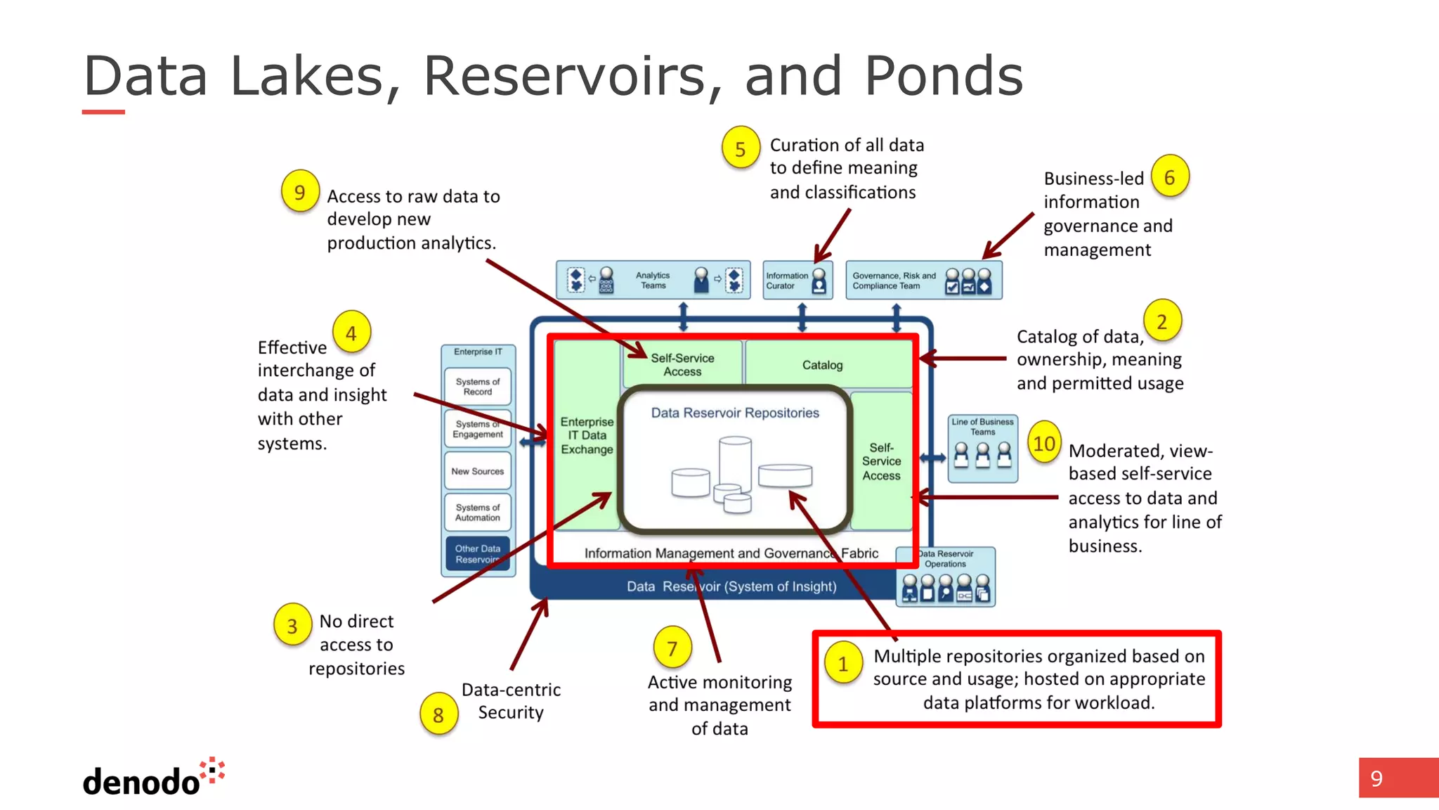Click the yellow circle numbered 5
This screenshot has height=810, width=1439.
[741, 148]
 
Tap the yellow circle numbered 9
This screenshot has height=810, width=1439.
[300, 192]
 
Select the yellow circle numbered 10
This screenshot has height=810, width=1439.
[1044, 444]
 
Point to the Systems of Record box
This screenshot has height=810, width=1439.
[478, 387]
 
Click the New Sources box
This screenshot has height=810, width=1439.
[478, 471]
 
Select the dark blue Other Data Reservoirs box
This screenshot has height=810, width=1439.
[478, 554]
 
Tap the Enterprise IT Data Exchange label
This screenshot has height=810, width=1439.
[587, 435]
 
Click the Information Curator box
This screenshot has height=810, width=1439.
[797, 281]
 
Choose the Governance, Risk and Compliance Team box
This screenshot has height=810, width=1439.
[923, 281]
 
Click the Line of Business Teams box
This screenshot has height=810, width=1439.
[982, 448]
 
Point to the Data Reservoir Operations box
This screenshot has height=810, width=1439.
[946, 577]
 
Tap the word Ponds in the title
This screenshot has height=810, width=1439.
[943, 76]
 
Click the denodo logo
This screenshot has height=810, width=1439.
[153, 778]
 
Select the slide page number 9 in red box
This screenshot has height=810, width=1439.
[1377, 778]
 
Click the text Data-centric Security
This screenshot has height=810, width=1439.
[511, 701]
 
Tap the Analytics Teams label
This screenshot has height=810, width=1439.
[653, 281]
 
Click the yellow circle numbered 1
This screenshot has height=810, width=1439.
[842, 663]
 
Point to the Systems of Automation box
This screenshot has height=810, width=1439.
[478, 513]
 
